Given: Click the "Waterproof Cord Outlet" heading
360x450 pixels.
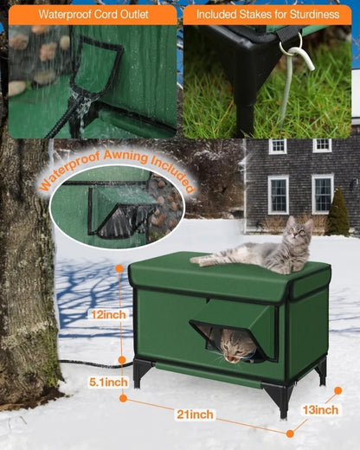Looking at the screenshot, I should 93,15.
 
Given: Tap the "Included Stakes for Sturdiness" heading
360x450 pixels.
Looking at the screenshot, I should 269,15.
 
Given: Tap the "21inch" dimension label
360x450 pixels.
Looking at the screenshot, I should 196,415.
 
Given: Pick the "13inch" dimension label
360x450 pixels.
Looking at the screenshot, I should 320,409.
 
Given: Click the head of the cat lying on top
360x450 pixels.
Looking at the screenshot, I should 299,229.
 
